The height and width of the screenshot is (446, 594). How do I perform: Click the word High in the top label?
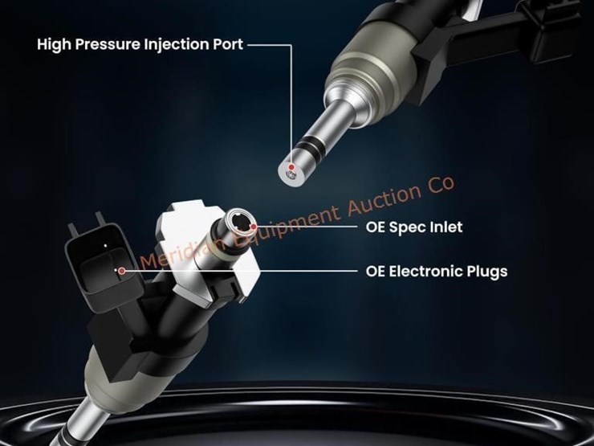54,44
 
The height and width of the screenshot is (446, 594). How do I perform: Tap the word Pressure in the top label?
108,44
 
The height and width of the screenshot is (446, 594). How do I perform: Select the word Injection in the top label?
177,44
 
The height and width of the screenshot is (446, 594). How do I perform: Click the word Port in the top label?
228,44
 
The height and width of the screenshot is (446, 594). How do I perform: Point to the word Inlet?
446,227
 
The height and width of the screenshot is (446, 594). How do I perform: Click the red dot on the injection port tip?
291,167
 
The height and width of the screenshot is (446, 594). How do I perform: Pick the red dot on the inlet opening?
254,227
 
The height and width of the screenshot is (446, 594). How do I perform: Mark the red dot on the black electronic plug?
121,271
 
